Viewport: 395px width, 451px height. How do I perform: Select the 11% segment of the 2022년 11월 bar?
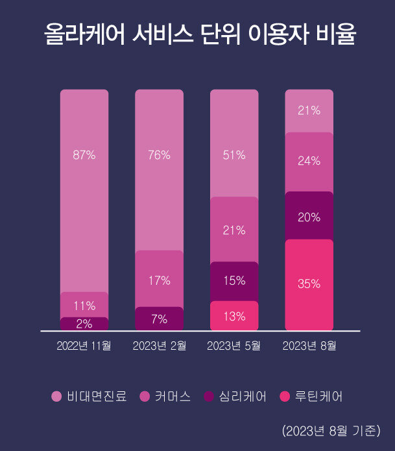[x=84, y=304]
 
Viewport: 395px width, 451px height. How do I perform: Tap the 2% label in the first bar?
[x=84, y=323]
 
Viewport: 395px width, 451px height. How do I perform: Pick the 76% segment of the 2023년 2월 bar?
[x=159, y=169]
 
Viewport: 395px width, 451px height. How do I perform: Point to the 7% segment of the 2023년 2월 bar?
[x=159, y=319]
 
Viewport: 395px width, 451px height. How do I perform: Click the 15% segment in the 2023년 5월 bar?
[x=234, y=281]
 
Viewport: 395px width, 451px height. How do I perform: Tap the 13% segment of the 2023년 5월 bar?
[x=234, y=316]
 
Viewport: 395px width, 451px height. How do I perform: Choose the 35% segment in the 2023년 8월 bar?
[x=309, y=284]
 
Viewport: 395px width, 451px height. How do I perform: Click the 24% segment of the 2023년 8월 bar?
[x=309, y=162]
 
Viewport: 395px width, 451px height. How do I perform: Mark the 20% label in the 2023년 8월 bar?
[x=309, y=217]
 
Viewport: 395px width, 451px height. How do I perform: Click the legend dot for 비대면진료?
[x=56, y=396]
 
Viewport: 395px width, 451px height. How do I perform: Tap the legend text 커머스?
[x=172, y=396]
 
